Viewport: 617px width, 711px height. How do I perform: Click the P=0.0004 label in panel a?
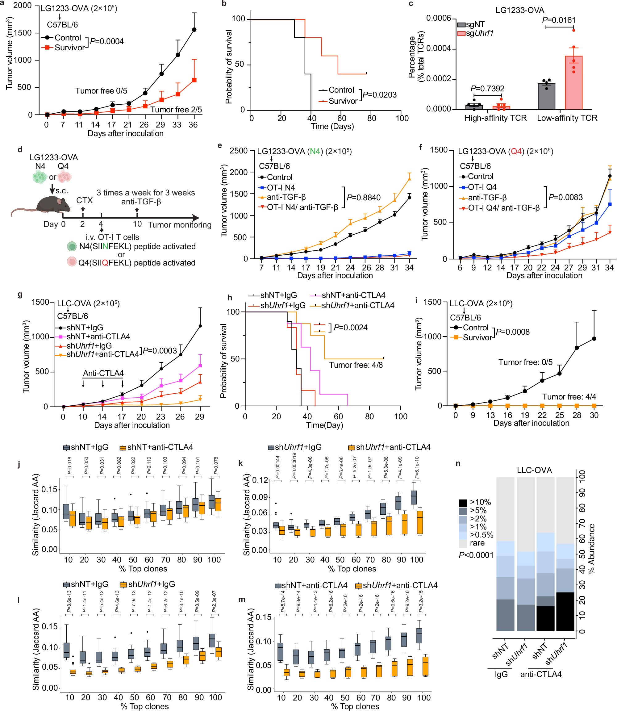pos(107,41)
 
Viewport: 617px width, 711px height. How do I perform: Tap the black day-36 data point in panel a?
pos(194,30)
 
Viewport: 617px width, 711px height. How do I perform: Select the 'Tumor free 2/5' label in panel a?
pos(176,110)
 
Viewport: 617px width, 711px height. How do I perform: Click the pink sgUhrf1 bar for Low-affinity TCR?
pos(573,83)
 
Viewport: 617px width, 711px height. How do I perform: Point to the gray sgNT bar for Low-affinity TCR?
pos(546,96)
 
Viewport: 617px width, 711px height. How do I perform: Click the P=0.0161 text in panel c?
pos(559,20)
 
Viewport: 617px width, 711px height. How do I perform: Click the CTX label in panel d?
pos(84,200)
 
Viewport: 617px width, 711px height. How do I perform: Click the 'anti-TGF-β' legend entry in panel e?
pos(286,197)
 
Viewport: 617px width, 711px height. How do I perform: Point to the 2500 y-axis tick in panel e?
pos(238,151)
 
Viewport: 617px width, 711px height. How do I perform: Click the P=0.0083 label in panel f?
pos(565,197)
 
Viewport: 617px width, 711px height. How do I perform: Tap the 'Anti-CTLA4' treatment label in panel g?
pos(103,373)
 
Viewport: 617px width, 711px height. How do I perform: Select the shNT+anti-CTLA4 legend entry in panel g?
pos(98,337)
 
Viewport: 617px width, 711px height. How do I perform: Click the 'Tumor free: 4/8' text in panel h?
pos(356,365)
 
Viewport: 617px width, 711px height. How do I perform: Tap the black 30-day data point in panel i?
pos(594,339)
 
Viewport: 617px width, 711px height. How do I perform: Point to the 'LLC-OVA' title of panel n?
pos(534,470)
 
